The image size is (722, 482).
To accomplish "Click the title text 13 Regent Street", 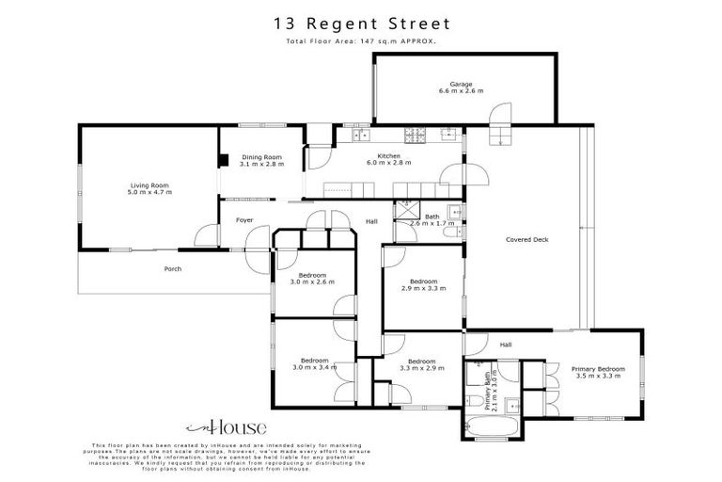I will click(x=361, y=23).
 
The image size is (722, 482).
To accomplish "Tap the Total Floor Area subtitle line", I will click(x=361, y=41).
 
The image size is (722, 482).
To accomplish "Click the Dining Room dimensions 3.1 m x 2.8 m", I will click(x=261, y=164).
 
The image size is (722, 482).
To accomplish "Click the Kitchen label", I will click(x=388, y=155).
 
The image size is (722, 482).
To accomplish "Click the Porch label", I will click(x=172, y=268).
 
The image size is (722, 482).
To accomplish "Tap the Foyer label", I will click(x=244, y=220).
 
